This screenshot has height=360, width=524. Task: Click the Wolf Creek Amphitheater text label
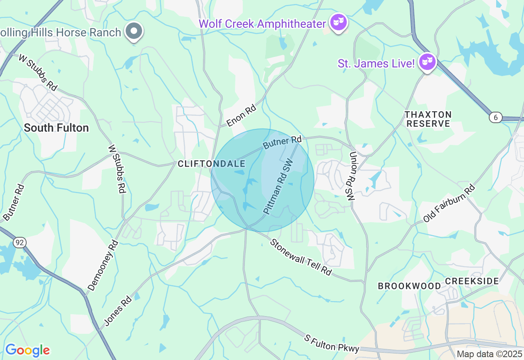tap(262, 24)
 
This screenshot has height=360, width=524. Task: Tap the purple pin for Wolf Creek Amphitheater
tap(339, 22)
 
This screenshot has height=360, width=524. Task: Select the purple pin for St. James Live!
tap(427, 62)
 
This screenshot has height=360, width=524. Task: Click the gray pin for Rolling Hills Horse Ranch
tap(133, 31)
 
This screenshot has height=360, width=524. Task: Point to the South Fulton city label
tap(56, 128)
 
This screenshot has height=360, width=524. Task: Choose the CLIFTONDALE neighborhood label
tap(211, 164)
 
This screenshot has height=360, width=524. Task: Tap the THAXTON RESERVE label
tap(428, 119)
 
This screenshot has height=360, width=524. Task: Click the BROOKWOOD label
tap(409, 286)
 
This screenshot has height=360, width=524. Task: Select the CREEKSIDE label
tap(472, 281)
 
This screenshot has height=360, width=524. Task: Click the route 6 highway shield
tap(495, 117)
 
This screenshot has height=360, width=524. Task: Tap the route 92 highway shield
tap(19, 243)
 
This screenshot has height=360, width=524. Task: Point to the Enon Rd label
tap(241, 116)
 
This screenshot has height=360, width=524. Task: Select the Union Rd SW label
tap(352, 176)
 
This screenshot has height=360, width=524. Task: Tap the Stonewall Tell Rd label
tap(300, 257)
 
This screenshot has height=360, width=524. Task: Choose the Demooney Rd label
tap(103, 265)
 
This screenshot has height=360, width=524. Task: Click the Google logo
tap(27, 350)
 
